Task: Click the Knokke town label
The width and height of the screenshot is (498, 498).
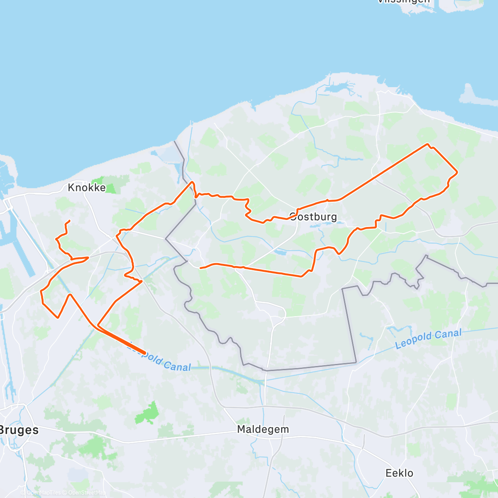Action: coord(87,188)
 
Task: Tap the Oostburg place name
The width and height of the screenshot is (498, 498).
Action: coord(313,217)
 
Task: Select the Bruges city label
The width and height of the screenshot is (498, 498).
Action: coord(19,430)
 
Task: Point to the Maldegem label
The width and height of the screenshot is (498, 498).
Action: coord(263,429)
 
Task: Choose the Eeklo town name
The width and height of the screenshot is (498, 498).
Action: coord(399,473)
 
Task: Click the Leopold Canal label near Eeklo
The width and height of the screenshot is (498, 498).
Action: coord(428,339)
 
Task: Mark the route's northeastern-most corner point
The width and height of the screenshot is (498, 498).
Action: coord(427,144)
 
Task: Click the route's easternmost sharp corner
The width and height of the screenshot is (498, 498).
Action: coord(457,172)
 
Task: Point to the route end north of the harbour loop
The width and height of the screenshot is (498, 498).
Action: coord(69,220)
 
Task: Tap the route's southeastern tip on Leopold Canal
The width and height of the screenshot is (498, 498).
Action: coord(144,353)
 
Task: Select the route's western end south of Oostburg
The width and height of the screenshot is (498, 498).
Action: coord(200,268)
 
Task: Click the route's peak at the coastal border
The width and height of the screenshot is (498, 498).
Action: coord(191,182)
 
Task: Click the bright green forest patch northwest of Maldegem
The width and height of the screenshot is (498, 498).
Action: coord(147,413)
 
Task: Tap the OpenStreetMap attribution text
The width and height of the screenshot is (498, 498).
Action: coord(86,493)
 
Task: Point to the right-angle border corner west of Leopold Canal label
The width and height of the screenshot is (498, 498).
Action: coord(356,363)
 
